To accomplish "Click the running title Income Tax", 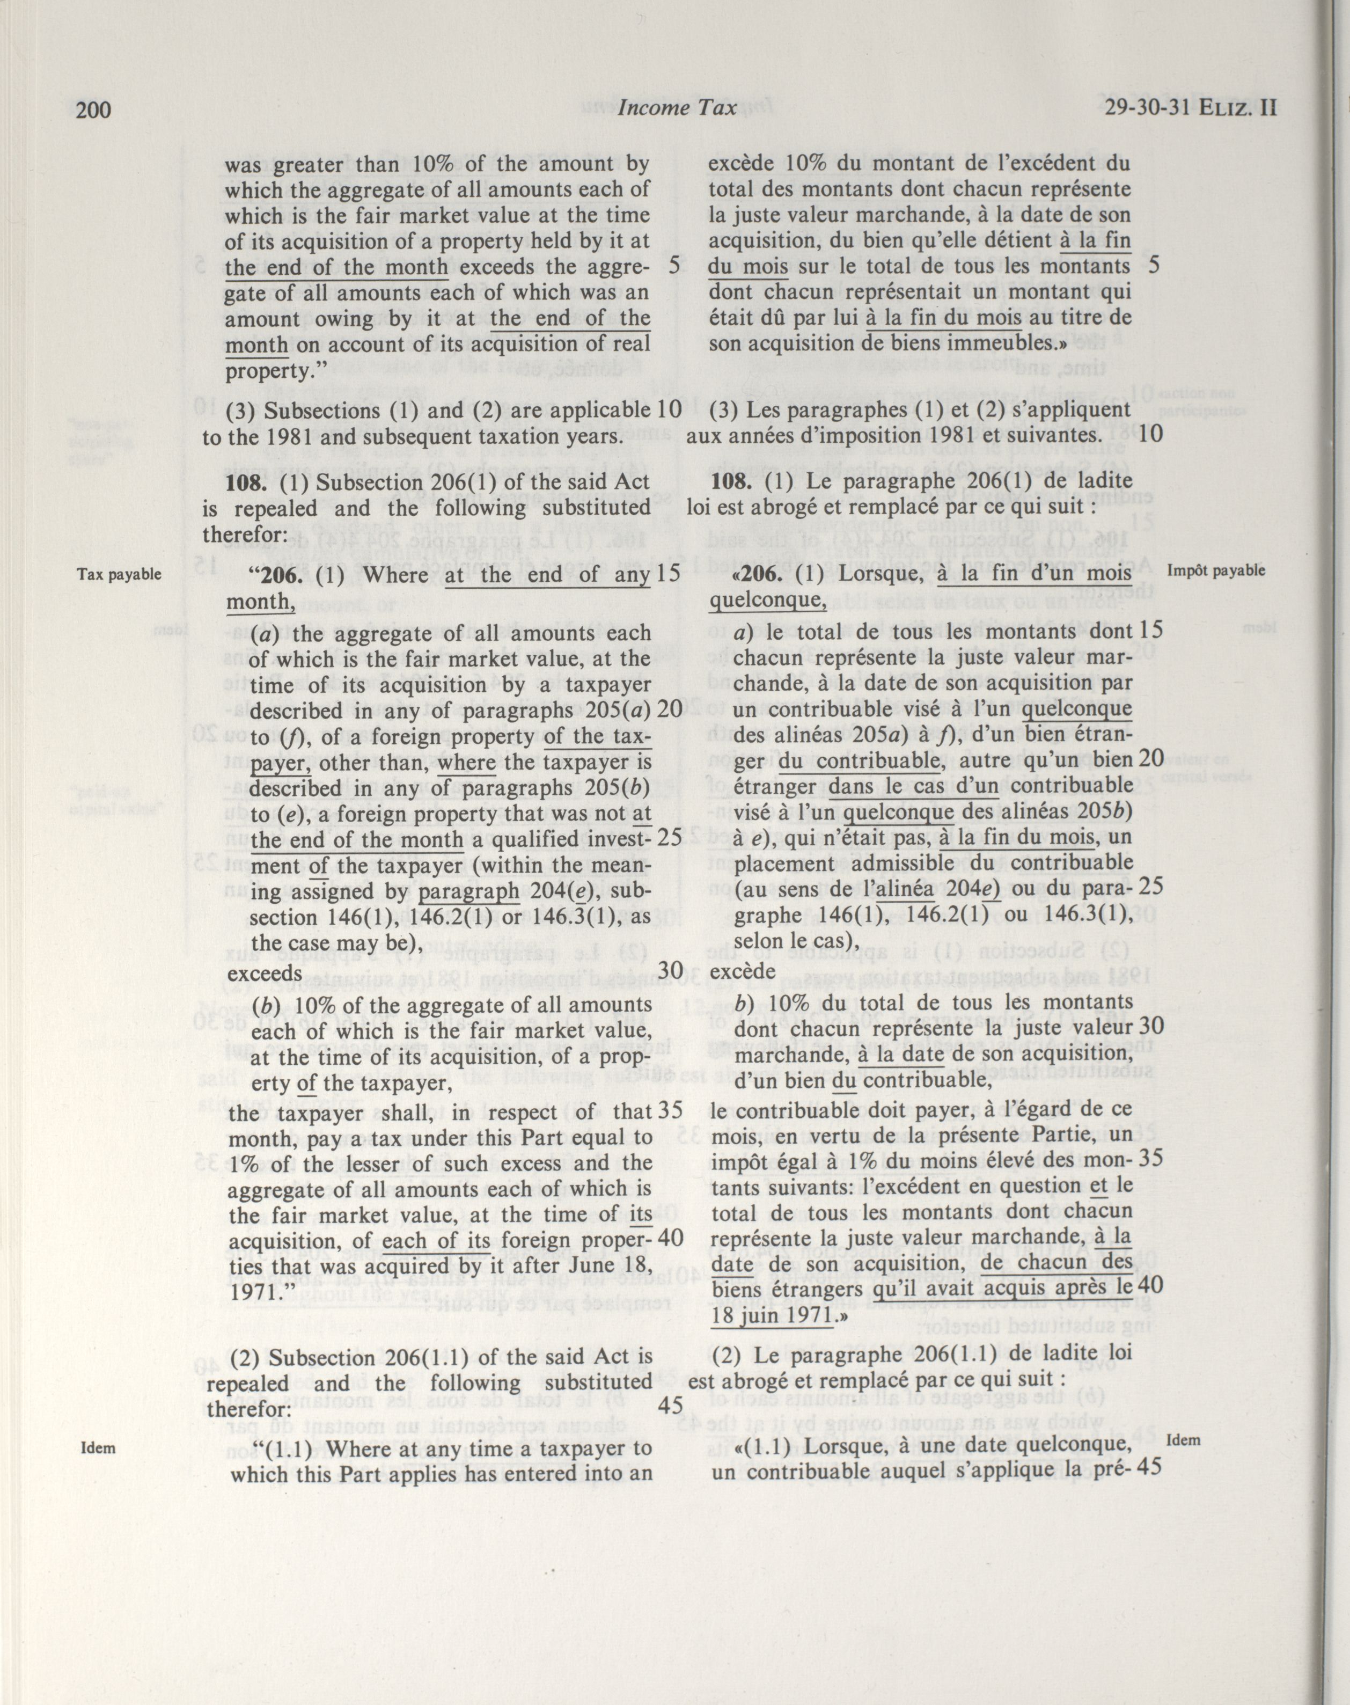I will [x=677, y=108].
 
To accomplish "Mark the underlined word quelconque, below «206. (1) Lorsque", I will [x=767, y=601].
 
